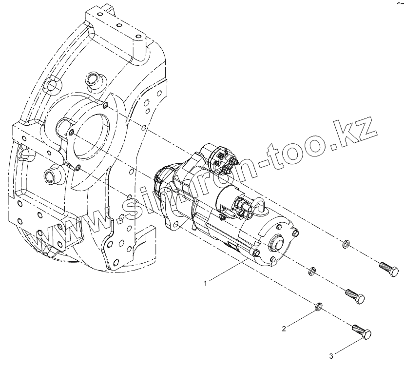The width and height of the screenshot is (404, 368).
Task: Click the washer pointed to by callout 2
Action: coord(317,307)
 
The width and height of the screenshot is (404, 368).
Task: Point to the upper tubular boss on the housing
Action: coord(91,78)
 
